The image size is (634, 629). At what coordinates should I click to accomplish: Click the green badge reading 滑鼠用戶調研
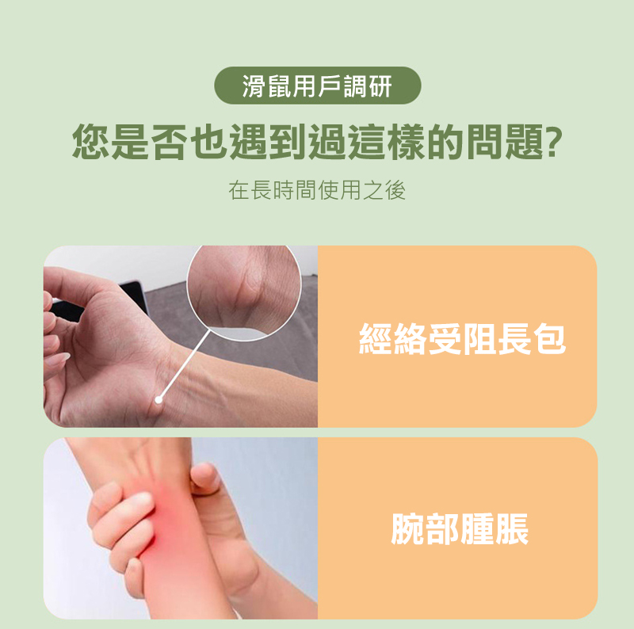point(318,86)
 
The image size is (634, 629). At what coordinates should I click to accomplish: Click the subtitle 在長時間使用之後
point(316,190)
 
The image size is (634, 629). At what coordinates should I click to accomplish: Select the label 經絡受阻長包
point(462,339)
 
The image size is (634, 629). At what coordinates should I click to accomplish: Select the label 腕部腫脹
point(460,528)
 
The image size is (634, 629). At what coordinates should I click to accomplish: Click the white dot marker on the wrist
point(159,399)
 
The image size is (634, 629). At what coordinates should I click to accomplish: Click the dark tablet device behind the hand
point(133,295)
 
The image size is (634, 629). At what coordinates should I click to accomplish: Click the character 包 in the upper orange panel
point(548,339)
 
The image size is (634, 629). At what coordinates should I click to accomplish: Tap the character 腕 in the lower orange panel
point(408,528)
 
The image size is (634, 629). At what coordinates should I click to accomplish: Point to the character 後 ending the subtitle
point(395,190)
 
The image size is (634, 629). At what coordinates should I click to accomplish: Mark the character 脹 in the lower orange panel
point(512,528)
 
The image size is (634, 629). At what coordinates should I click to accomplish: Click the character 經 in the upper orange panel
point(376,339)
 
